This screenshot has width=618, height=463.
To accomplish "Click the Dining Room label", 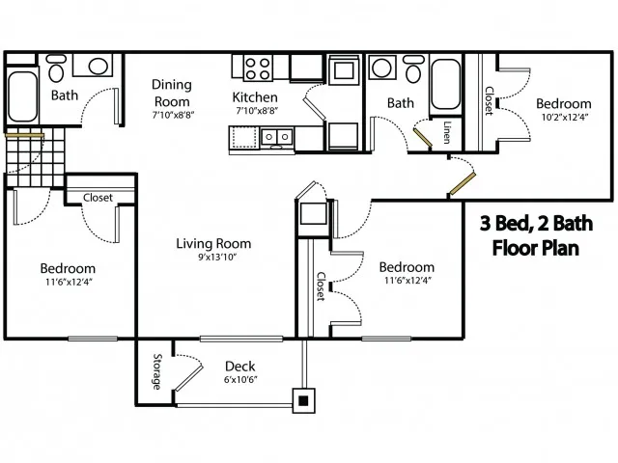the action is point(172,93).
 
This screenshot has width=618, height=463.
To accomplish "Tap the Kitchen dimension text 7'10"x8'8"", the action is point(257,111).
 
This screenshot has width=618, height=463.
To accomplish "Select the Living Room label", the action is point(213,244).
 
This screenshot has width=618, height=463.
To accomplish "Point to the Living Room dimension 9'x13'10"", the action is point(216,258).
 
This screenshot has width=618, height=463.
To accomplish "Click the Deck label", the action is point(240,367).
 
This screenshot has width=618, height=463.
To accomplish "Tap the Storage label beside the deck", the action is point(156,372).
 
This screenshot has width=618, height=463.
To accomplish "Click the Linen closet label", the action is point(446,132).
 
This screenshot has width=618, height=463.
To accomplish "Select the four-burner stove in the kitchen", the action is point(258,68).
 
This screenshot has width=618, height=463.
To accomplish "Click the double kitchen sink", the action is point(277,137).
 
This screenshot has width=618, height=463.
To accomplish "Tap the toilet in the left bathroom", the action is point(56,68).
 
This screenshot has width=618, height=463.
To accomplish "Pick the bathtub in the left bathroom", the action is point(22,96).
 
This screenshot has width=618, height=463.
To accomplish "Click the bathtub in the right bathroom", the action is point(446,84).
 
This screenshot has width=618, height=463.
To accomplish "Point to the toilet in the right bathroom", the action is point(413,68).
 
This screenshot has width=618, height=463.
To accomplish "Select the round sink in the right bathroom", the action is point(382,68).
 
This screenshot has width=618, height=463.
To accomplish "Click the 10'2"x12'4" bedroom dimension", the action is point(565,117).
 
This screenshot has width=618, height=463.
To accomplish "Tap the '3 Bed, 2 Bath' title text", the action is point(536,223).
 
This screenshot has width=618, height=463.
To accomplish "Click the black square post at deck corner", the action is point(303,401).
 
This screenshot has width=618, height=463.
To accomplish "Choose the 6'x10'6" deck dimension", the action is point(240,380).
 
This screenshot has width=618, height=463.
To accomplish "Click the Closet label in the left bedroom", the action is point(98,198).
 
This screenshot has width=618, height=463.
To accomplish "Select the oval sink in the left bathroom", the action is point(98,66).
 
